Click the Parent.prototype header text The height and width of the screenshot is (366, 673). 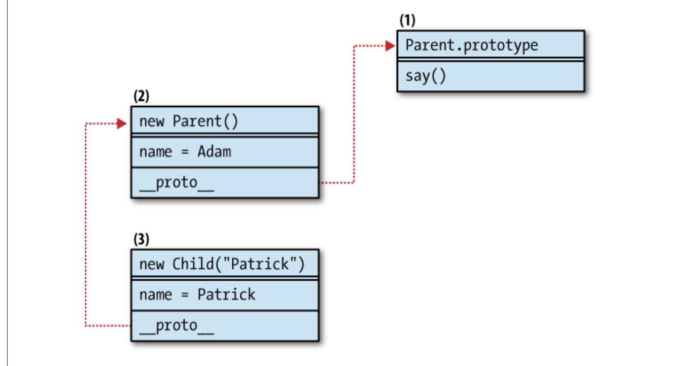(471, 45)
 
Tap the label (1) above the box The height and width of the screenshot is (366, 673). (407, 20)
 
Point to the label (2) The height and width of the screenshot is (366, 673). (141, 96)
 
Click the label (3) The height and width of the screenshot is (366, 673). (141, 239)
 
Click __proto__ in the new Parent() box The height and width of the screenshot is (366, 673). (176, 183)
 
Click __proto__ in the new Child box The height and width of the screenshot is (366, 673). (176, 326)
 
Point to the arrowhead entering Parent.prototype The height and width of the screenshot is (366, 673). (391, 45)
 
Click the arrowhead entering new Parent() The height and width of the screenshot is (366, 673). (123, 124)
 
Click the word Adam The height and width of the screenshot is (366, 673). (214, 152)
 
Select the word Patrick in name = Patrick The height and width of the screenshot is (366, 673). (226, 294)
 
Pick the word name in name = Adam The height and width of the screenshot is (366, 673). (155, 152)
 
